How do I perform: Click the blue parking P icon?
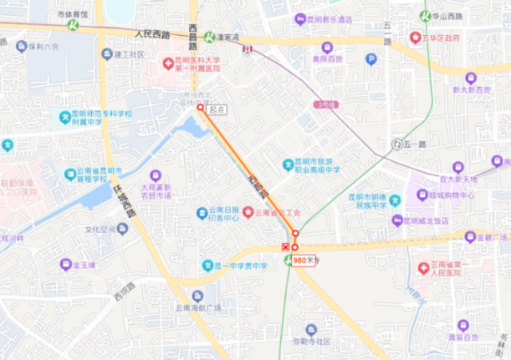[370, 58]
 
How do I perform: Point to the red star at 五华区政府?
[414, 38]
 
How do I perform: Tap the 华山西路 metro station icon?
[425, 15]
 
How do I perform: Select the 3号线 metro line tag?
[324, 104]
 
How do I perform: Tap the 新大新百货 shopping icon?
[470, 78]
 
